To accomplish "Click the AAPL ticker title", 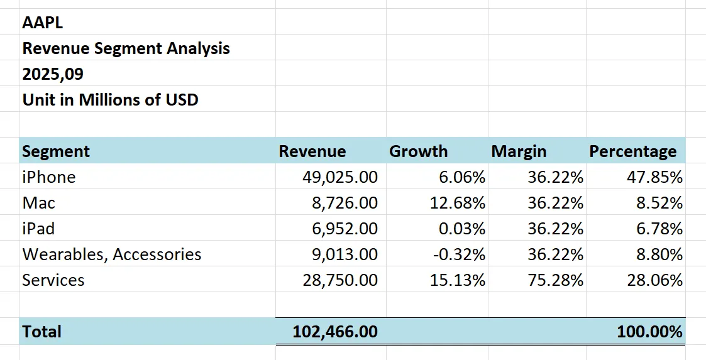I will pos(43,23).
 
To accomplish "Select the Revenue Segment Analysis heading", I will pos(126,48).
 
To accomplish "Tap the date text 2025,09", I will pos(53,74).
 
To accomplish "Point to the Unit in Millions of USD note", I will pos(110,100).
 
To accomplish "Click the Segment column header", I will pos(56,151).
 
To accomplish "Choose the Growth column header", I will pos(418,151).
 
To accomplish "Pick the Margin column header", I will pos(519,151).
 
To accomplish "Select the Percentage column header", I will pos(632,151).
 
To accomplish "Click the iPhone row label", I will pos(48,177).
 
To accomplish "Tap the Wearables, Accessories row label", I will pos(112,254).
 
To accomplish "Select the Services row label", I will pos(53,280).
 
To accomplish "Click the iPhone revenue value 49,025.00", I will pos(340,177).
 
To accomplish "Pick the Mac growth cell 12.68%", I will pos(458,203).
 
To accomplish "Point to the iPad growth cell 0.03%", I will pos(462,229).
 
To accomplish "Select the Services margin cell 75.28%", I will pos(556,280).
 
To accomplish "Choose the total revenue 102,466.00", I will pos(335,332).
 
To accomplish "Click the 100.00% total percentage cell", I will pos(650,332).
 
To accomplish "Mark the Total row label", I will pos(41,332).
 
